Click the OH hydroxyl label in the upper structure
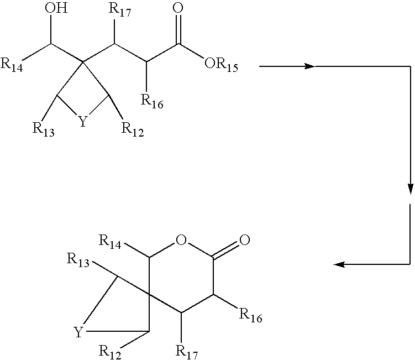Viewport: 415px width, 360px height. click(56, 8)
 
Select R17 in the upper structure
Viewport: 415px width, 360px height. click(120, 11)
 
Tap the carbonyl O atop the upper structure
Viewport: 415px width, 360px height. click(178, 8)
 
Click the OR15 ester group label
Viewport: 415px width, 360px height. click(221, 65)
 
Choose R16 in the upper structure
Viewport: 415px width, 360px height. click(152, 101)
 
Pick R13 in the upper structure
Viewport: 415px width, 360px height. click(44, 129)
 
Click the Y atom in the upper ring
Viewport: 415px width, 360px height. click(83, 121)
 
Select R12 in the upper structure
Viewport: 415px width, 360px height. click(133, 129)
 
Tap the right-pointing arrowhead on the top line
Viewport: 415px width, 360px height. click(309, 66)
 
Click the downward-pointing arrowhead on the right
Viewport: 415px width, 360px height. click(410, 189)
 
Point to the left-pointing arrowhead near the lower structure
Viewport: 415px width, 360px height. click(339, 264)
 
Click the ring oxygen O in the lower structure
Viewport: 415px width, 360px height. click(181, 240)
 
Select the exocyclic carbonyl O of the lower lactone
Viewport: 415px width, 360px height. click(245, 240)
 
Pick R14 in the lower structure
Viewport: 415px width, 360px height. click(110, 242)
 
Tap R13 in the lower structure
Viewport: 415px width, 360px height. click(78, 259)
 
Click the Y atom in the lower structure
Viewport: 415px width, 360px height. click(78, 332)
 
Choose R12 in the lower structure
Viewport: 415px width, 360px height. click(110, 352)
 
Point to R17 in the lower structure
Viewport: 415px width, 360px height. click(187, 352)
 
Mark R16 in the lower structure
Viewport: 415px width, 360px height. click(251, 315)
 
